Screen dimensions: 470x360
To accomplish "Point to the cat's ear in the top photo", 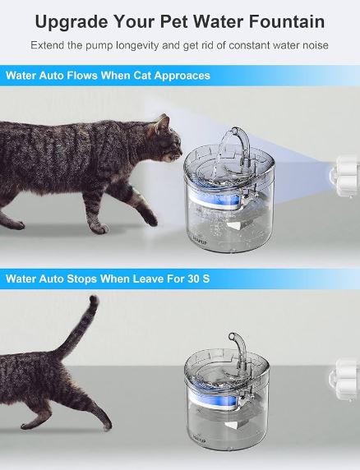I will click(x=163, y=122).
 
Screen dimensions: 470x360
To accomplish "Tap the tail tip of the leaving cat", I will click(x=93, y=300).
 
